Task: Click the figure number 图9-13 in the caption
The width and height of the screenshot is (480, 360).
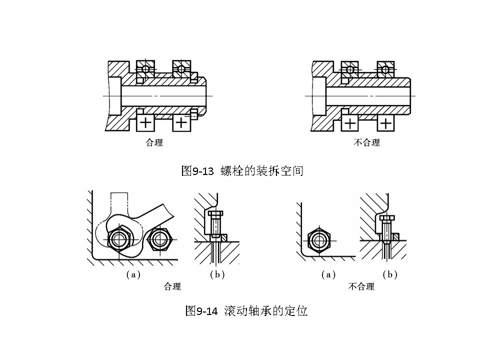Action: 197,171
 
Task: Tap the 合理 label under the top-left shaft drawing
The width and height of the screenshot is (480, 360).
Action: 154,142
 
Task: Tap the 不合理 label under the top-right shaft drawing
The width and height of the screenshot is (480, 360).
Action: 366,142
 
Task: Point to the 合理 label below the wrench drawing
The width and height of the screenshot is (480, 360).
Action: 172,286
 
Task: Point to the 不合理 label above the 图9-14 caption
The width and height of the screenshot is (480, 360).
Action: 361,286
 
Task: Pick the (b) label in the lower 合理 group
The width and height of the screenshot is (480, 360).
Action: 217,274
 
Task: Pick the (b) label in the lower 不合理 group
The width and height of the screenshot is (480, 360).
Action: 389,274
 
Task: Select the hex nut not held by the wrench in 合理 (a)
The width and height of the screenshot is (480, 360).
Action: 160,240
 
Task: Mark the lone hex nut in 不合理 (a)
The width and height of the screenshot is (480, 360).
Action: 318,240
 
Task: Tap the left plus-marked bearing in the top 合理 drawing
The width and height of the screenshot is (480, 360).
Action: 145,122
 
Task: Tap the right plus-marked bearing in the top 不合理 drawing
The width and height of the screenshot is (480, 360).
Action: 385,122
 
